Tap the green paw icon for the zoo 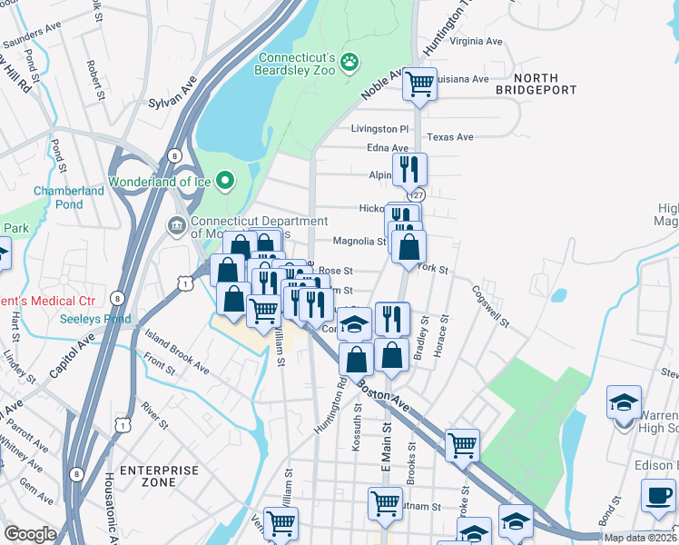click(x=350, y=62)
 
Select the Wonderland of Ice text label click(x=159, y=182)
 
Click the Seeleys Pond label click(x=95, y=319)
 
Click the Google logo click(x=31, y=533)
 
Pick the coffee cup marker click(x=658, y=496)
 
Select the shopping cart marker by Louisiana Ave click(x=419, y=84)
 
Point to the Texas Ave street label click(x=451, y=137)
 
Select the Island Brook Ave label click(x=176, y=352)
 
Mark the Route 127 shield click(x=417, y=195)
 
